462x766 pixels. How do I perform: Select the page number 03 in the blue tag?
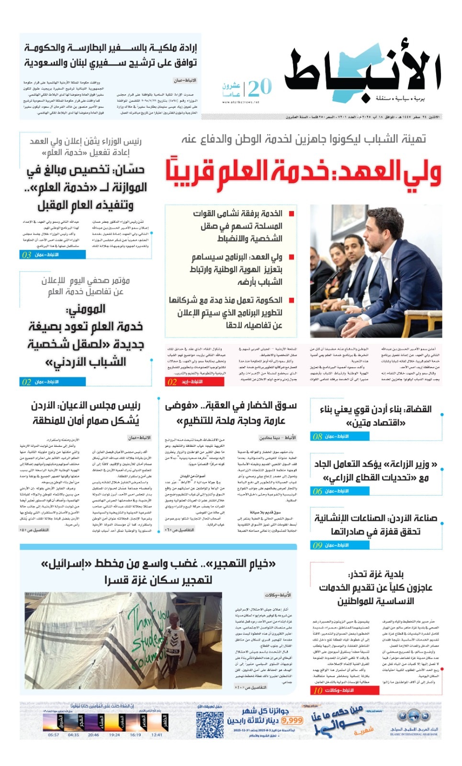26,255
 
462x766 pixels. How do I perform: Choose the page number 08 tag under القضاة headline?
317,437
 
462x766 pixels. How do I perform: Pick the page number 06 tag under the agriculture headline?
317,491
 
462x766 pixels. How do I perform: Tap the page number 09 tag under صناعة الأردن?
317,545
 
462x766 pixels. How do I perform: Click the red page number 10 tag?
318,690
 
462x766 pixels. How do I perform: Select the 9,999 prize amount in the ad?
292,720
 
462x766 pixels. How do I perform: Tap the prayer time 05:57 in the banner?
54,735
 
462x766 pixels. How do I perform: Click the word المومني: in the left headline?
86,309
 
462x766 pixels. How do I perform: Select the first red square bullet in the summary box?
292,214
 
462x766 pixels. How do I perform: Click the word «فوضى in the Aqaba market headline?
181,406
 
